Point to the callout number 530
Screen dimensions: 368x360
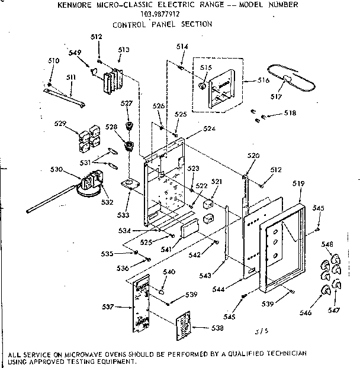click(x=57, y=170)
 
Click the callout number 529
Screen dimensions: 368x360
click(x=59, y=124)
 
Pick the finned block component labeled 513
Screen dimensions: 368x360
click(x=112, y=80)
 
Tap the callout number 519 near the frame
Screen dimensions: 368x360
click(x=299, y=184)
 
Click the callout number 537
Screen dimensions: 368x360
click(x=108, y=306)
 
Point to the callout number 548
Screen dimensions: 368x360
click(x=327, y=244)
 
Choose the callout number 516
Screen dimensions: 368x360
click(x=263, y=80)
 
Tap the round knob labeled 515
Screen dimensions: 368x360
click(x=203, y=85)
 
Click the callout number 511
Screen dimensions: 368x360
click(x=70, y=77)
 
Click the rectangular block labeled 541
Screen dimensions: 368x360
click(x=189, y=227)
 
